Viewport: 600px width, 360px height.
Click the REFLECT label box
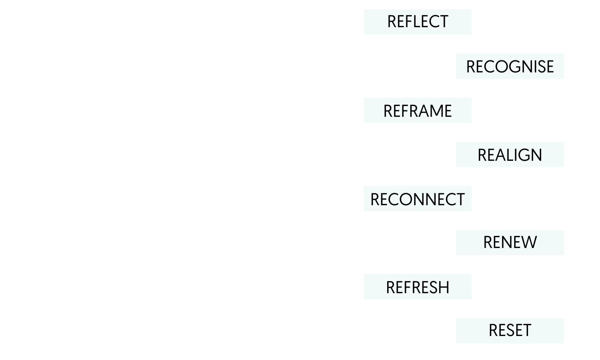(418, 22)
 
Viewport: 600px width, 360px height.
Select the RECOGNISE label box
(510, 66)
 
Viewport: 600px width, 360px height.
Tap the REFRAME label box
(418, 110)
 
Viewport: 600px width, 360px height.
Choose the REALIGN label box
(510, 154)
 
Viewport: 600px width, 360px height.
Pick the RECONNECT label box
(418, 198)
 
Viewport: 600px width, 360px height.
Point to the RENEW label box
(510, 242)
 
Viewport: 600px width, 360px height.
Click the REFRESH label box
(418, 287)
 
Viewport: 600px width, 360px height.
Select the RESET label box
(510, 330)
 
